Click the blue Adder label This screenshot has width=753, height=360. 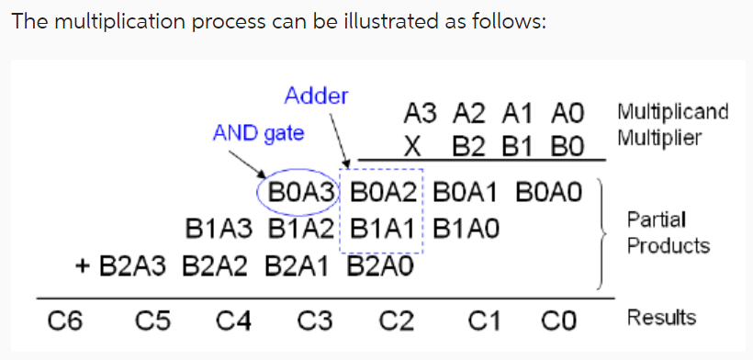(316, 96)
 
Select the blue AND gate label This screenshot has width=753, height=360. (258, 133)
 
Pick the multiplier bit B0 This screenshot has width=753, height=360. (568, 146)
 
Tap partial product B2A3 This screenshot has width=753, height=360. (132, 266)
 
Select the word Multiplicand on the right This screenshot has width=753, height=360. (673, 113)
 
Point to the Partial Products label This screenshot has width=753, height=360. (668, 233)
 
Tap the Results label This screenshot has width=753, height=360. (661, 318)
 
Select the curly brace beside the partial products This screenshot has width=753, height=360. (606, 233)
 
